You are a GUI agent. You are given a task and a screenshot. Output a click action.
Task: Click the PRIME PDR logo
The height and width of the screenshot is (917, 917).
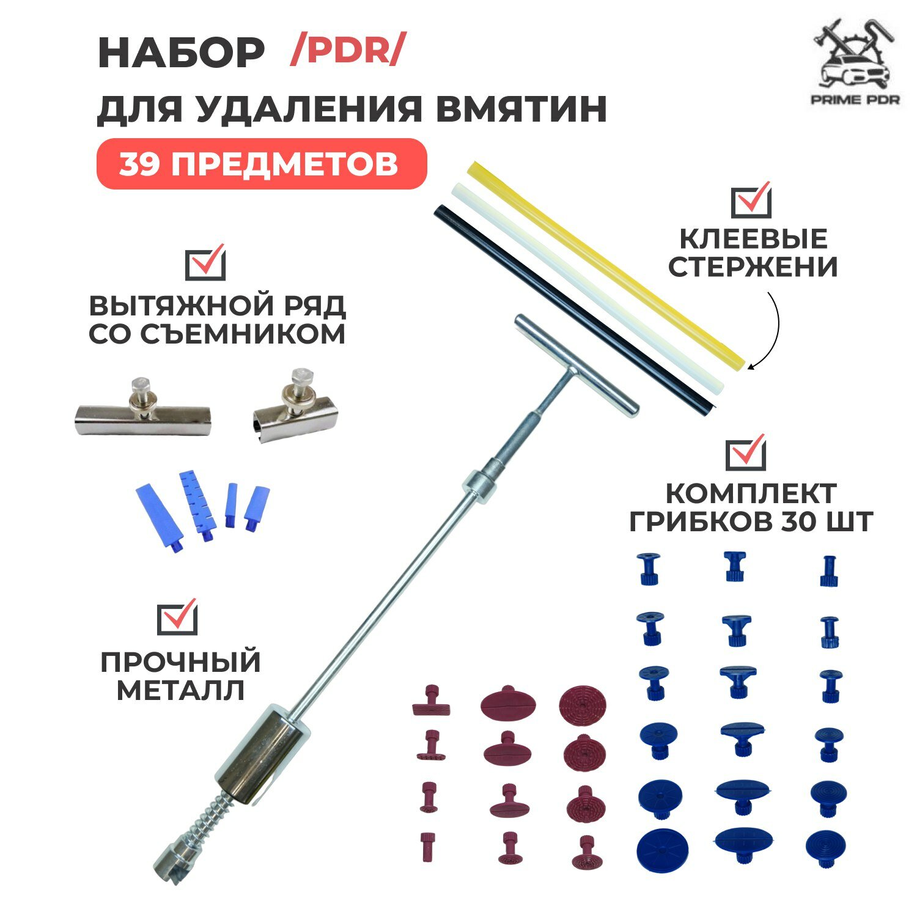pyautogui.click(x=855, y=67)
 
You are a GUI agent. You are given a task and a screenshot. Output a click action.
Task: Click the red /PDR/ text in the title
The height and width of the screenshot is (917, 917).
pyautogui.click(x=347, y=51)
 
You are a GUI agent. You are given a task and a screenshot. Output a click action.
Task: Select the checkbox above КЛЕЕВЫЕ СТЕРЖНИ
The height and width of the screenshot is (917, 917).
pyautogui.click(x=751, y=201)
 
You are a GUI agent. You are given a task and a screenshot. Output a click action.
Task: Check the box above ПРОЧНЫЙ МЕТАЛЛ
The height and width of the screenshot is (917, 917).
pyautogui.click(x=177, y=617)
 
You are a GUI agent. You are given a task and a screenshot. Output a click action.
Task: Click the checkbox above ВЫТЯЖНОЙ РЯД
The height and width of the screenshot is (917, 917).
pyautogui.click(x=205, y=263)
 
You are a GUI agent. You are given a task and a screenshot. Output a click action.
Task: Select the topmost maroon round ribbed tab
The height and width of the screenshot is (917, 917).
pyautogui.click(x=583, y=702)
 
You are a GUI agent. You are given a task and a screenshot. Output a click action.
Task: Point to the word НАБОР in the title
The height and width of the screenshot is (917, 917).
pyautogui.click(x=181, y=53)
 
